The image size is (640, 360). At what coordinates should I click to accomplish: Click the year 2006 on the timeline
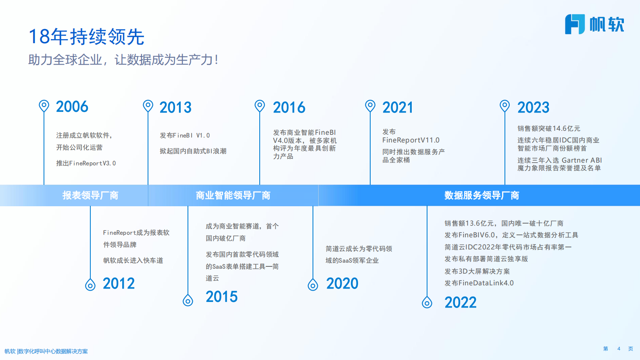click(72, 107)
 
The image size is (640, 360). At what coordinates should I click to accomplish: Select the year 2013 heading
click(175, 108)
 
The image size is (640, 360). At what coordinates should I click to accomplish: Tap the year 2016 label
click(289, 108)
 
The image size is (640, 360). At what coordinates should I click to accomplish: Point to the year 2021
click(398, 108)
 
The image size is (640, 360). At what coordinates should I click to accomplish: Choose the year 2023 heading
click(533, 108)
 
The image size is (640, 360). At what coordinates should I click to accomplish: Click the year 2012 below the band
click(119, 284)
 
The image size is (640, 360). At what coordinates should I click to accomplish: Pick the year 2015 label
click(221, 297)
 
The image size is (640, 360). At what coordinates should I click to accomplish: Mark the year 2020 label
click(342, 284)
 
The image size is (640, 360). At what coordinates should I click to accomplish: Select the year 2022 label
click(460, 303)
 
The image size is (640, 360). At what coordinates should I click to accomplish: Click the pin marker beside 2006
click(44, 106)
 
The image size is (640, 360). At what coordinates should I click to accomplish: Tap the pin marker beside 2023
click(504, 106)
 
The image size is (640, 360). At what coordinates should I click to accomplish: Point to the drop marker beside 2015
click(188, 300)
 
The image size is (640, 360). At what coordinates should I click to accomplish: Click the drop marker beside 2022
click(427, 302)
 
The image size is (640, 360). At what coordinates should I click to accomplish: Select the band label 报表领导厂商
click(90, 196)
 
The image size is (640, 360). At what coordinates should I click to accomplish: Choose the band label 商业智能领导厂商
click(233, 196)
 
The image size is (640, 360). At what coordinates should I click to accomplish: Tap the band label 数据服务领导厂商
click(482, 196)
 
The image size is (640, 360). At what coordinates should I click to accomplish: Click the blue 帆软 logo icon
click(575, 24)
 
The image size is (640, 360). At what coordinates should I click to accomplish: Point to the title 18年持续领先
click(86, 37)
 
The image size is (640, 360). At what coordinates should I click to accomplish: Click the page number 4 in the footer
click(619, 349)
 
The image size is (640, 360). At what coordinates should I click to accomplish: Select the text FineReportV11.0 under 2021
click(411, 140)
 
